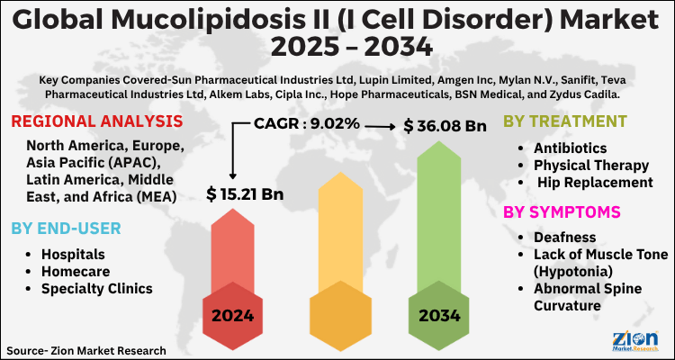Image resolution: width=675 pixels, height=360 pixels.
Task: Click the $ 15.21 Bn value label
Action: coord(245,193)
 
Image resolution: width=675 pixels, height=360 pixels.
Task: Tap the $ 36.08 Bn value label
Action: coord(445,125)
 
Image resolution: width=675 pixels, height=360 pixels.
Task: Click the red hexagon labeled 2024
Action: coord(232,316)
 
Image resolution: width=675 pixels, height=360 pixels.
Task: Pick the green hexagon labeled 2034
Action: coord(438,316)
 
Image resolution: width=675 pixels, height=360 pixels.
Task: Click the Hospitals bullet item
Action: coord(73,254)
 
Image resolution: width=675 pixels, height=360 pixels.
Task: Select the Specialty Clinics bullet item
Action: coord(96,288)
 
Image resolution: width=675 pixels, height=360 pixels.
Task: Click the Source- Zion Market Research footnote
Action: coord(85,348)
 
